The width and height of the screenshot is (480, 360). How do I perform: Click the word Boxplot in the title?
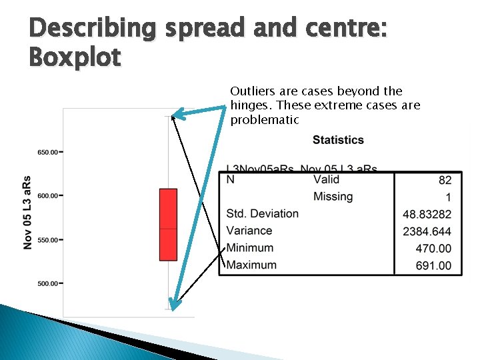[75, 57]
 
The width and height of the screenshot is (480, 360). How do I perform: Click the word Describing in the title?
[91, 28]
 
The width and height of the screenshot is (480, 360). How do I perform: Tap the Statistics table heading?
[338, 140]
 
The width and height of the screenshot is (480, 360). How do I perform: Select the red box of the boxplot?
[168, 224]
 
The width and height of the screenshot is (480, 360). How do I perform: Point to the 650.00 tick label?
[47, 152]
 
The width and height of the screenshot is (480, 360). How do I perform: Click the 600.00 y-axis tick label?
[47, 196]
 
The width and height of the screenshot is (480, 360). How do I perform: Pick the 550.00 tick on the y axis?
[47, 240]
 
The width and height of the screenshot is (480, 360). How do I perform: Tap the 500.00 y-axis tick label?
[47, 284]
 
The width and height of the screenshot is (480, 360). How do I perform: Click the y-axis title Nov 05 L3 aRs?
[27, 213]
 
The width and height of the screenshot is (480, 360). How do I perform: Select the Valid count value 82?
[445, 180]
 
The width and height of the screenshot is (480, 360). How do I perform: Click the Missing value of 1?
[448, 197]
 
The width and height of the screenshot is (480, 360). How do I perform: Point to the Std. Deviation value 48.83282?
[427, 214]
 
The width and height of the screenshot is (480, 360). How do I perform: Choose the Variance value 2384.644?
[427, 231]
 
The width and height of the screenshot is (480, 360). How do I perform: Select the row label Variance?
[249, 231]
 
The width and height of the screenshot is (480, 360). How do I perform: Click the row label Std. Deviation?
[262, 213]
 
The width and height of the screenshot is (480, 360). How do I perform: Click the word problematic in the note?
[265, 120]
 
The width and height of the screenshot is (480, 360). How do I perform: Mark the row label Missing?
[333, 196]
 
